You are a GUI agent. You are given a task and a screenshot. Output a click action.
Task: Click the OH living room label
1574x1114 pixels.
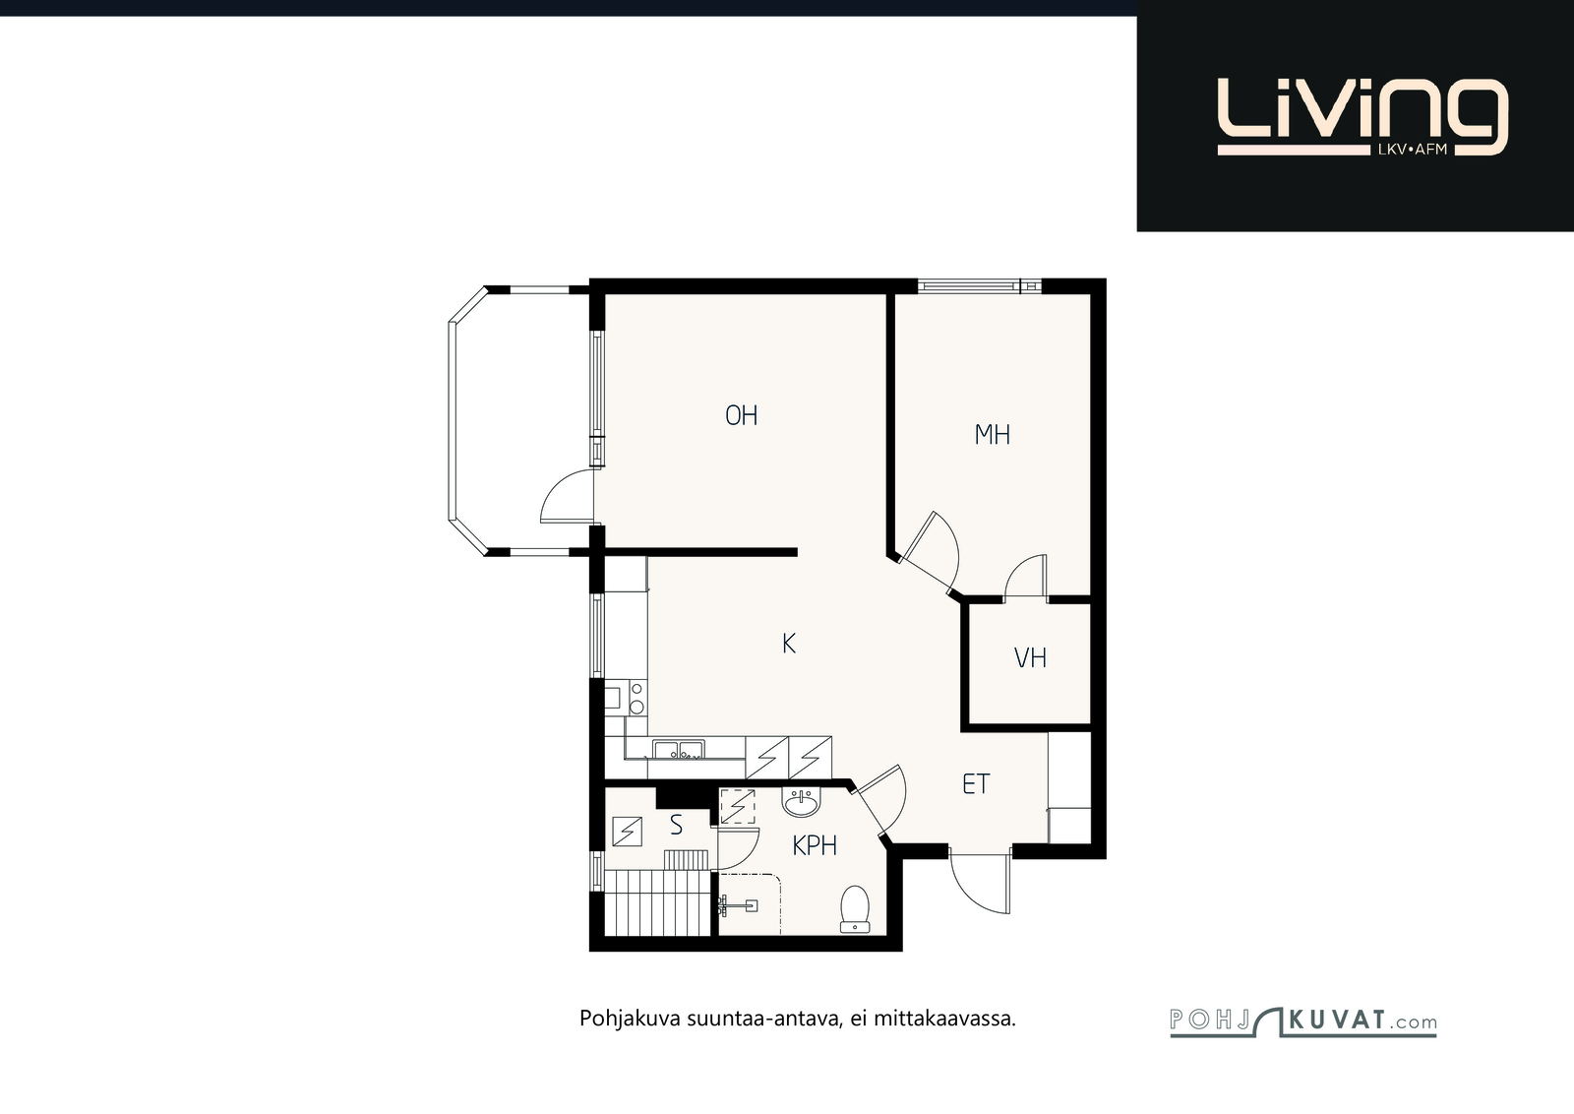pyautogui.click(x=742, y=415)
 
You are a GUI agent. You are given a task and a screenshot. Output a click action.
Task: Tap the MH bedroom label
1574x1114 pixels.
pyautogui.click(x=993, y=435)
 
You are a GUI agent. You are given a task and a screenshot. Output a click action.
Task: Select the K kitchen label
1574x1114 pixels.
pyautogui.click(x=788, y=643)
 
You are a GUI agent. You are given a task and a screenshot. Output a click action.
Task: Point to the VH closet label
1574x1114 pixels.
pyautogui.click(x=1030, y=657)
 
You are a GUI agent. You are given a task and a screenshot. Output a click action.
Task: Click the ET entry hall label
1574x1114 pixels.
pyautogui.click(x=976, y=783)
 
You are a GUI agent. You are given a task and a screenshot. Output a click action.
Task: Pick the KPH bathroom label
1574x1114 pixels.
pyautogui.click(x=815, y=846)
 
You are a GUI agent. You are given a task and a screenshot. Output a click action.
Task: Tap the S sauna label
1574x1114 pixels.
pyautogui.click(x=676, y=825)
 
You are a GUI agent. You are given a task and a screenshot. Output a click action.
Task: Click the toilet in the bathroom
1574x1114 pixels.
pyautogui.click(x=855, y=909)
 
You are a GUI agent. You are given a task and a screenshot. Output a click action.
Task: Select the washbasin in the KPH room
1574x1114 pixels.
pyautogui.click(x=801, y=803)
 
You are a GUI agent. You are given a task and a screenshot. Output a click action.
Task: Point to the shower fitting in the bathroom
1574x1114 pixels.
pyautogui.click(x=737, y=905)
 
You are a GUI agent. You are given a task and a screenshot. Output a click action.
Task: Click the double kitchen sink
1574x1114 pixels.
pyautogui.click(x=678, y=750)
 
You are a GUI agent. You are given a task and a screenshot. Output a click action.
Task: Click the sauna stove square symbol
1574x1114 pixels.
pyautogui.click(x=627, y=832)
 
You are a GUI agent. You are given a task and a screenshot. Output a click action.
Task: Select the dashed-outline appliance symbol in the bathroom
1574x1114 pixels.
pyautogui.click(x=737, y=806)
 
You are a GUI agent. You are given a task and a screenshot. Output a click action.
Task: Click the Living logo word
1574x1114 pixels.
pyautogui.click(x=1362, y=117)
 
